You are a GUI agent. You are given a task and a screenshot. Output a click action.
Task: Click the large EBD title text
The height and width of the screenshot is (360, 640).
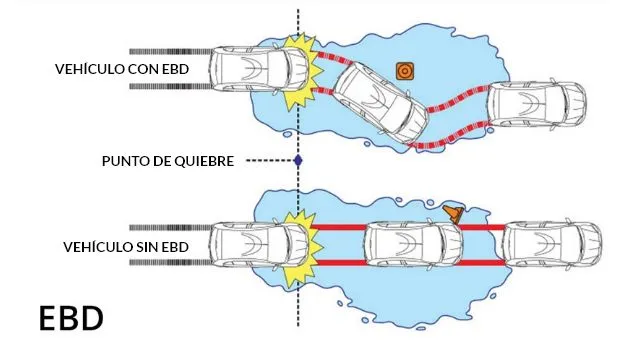click(71, 318)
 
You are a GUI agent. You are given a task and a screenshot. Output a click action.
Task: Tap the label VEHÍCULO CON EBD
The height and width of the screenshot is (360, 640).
click(122, 69)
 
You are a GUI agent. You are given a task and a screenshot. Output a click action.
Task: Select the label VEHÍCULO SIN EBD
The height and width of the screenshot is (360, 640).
click(126, 247)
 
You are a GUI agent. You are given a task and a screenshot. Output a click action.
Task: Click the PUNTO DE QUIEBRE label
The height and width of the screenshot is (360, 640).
click(168, 161)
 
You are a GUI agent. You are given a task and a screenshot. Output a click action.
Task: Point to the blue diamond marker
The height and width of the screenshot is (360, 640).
click(298, 161)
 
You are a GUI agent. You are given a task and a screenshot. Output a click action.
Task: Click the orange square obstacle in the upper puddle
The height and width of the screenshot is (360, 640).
click(405, 71)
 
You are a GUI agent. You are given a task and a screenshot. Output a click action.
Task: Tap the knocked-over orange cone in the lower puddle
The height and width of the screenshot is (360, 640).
click(454, 213)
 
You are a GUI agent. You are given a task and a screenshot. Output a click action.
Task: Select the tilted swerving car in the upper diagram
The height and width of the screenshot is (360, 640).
click(381, 103)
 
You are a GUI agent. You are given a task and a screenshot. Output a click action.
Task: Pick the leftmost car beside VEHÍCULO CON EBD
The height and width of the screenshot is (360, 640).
click(259, 69)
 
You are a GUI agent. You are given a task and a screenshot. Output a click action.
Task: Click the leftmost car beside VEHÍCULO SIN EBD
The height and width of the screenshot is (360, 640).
click(259, 245)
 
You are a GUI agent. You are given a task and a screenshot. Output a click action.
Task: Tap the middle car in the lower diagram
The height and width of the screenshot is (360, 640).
click(413, 245)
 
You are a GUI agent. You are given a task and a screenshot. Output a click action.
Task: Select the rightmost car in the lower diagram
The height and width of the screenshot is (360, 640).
click(552, 245)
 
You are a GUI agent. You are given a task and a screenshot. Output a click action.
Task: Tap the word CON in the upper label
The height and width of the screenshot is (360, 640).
click(143, 69)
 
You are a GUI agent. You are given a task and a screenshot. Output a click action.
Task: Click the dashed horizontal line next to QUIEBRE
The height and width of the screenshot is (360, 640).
click(271, 161)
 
